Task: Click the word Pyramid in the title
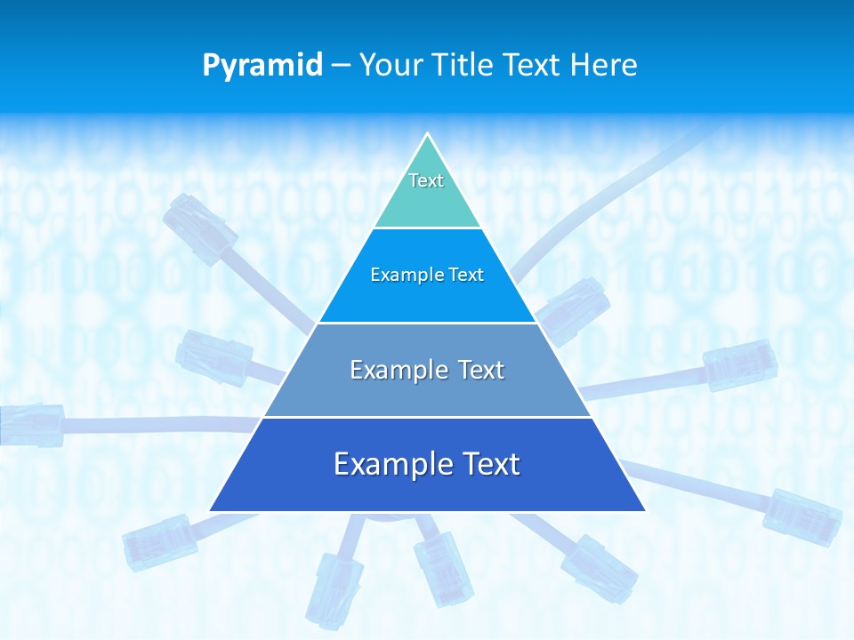[262, 66]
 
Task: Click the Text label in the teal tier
[426, 180]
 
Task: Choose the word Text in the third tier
[481, 370]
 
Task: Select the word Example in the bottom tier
[384, 464]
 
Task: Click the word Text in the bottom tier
[489, 464]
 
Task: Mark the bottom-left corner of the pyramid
[210, 511]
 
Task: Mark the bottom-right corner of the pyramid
[645, 511]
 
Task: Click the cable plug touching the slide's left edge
[31, 424]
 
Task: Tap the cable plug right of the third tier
[740, 364]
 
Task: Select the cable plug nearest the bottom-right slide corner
[802, 516]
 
